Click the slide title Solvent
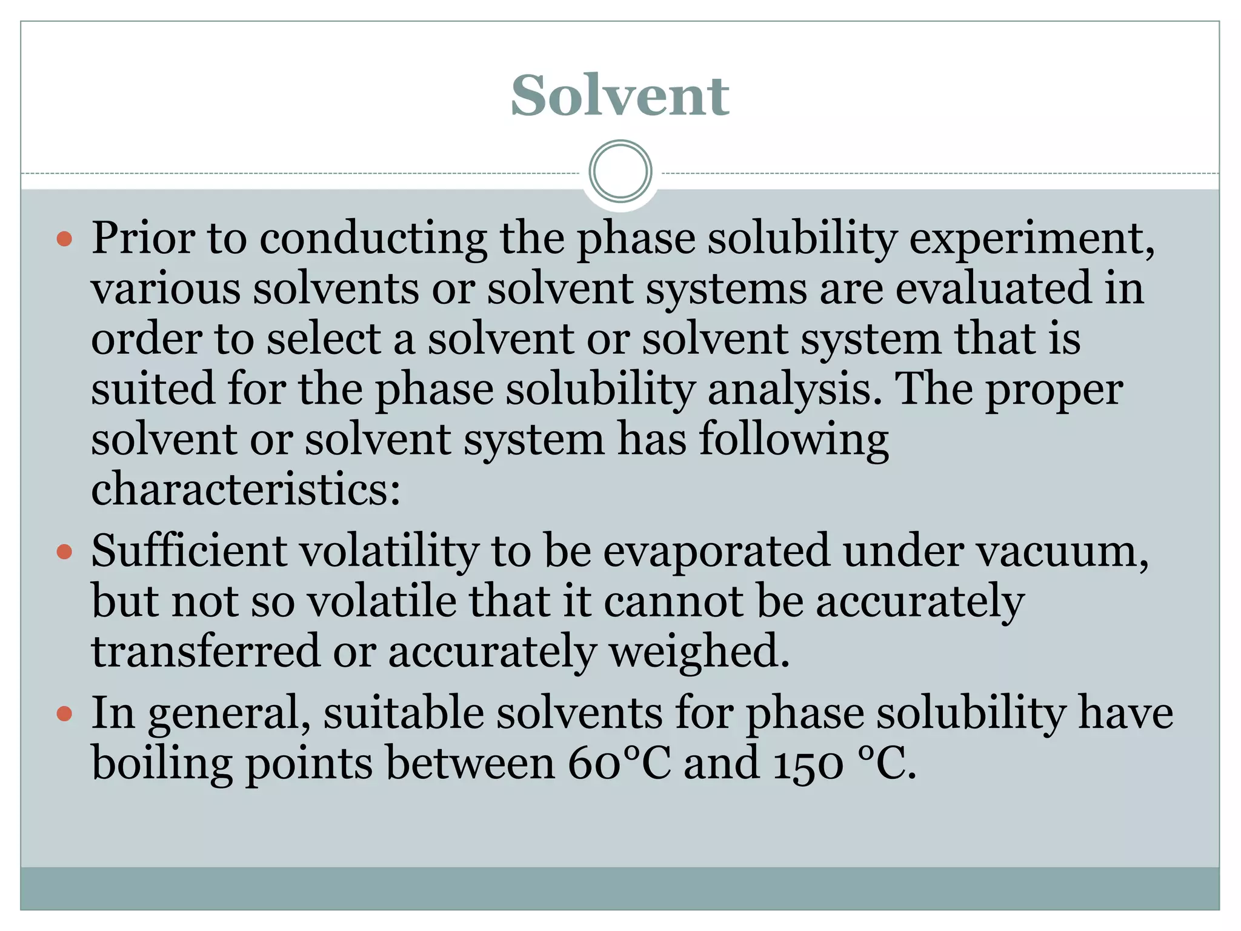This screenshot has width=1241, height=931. [x=620, y=95]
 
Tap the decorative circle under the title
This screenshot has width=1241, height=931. [x=620, y=172]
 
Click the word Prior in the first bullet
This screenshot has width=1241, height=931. [x=143, y=238]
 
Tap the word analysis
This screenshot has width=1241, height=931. [x=794, y=390]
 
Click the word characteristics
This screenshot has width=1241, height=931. [x=245, y=489]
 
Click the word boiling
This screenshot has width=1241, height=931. [x=162, y=764]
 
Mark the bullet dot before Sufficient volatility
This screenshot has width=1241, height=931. [x=64, y=552]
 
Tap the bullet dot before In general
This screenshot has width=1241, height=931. [x=64, y=713]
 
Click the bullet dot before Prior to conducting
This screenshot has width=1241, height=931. [x=64, y=239]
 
